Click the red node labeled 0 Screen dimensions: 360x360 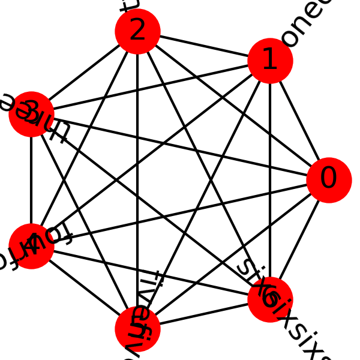pos(329,180)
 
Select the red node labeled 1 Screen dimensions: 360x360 pos(270,61)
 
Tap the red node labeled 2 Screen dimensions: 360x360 pos(137,32)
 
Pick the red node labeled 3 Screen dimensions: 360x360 pos(31,114)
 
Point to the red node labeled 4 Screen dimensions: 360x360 pos(31,246)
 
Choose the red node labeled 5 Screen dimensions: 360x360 pos(137,328)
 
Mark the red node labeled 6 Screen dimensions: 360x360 pos(270,299)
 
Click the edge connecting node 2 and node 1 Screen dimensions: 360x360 pos(204,46)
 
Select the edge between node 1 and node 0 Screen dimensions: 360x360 pos(299,121)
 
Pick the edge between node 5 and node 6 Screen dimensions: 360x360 pos(204,314)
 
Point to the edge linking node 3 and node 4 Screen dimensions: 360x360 pos(31,180)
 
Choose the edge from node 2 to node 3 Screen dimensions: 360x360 pos(84,73)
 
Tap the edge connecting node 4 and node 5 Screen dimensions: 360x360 pos(84,287)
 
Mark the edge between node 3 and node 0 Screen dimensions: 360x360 pos(180,147)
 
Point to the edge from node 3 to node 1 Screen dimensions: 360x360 pos(151,88)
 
